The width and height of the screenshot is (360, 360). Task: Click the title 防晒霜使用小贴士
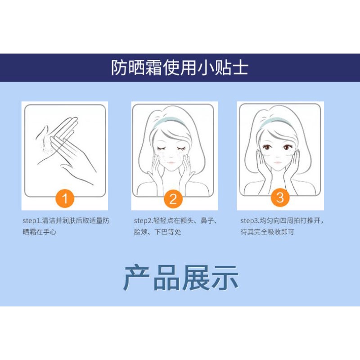tap(180, 68)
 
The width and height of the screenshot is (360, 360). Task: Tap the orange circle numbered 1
tap(66, 198)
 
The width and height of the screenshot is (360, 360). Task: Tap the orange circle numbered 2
tap(173, 198)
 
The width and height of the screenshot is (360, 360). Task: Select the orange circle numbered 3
tap(280, 198)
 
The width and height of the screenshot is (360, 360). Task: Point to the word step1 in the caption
tap(32, 221)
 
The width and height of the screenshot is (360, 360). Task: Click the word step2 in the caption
tap(144, 221)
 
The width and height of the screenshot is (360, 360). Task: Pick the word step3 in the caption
tap(249, 221)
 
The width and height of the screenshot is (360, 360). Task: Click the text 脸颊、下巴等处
tap(157, 232)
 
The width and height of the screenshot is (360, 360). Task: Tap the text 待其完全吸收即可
tap(267, 232)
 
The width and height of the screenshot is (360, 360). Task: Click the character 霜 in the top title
tap(151, 68)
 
